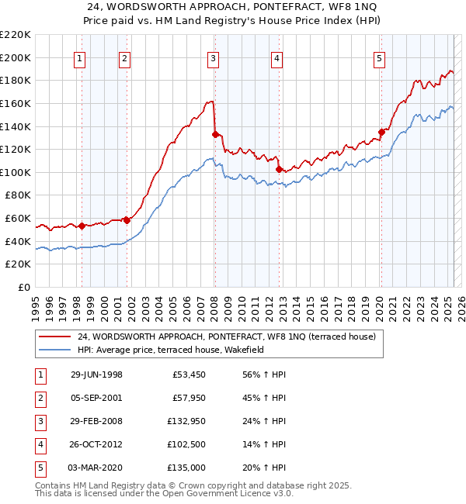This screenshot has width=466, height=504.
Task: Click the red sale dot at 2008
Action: coord(214,134)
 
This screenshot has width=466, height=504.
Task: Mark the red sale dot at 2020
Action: coord(381,132)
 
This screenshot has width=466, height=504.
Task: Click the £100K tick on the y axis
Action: coord(16,172)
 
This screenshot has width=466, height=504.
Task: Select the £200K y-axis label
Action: coord(16,57)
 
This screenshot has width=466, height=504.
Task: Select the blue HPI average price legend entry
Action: coord(170,350)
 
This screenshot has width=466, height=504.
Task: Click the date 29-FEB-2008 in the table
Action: coord(96,421)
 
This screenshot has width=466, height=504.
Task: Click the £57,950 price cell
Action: coord(187,398)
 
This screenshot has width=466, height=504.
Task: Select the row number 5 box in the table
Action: coord(40,468)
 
